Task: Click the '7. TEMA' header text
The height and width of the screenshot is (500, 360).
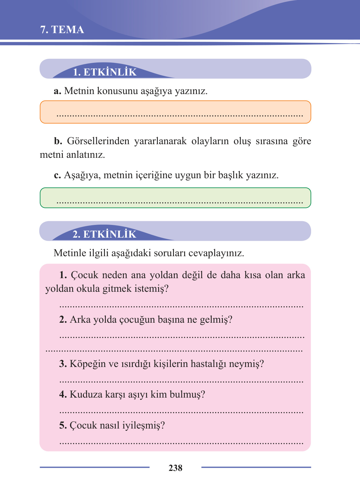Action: pos(62,30)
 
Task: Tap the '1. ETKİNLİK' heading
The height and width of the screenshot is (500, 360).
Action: pos(105,72)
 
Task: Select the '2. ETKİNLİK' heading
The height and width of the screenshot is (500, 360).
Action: pos(104,234)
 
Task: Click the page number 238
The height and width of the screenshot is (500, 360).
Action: pos(176,468)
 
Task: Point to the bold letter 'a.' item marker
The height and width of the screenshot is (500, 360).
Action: pos(57,91)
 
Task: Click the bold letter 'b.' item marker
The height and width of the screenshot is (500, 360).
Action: pos(58,141)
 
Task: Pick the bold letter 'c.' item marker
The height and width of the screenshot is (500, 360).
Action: pos(57,175)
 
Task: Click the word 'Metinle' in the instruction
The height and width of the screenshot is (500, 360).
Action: pos(70,253)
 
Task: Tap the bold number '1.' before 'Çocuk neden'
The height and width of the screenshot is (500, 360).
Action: pos(63,275)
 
